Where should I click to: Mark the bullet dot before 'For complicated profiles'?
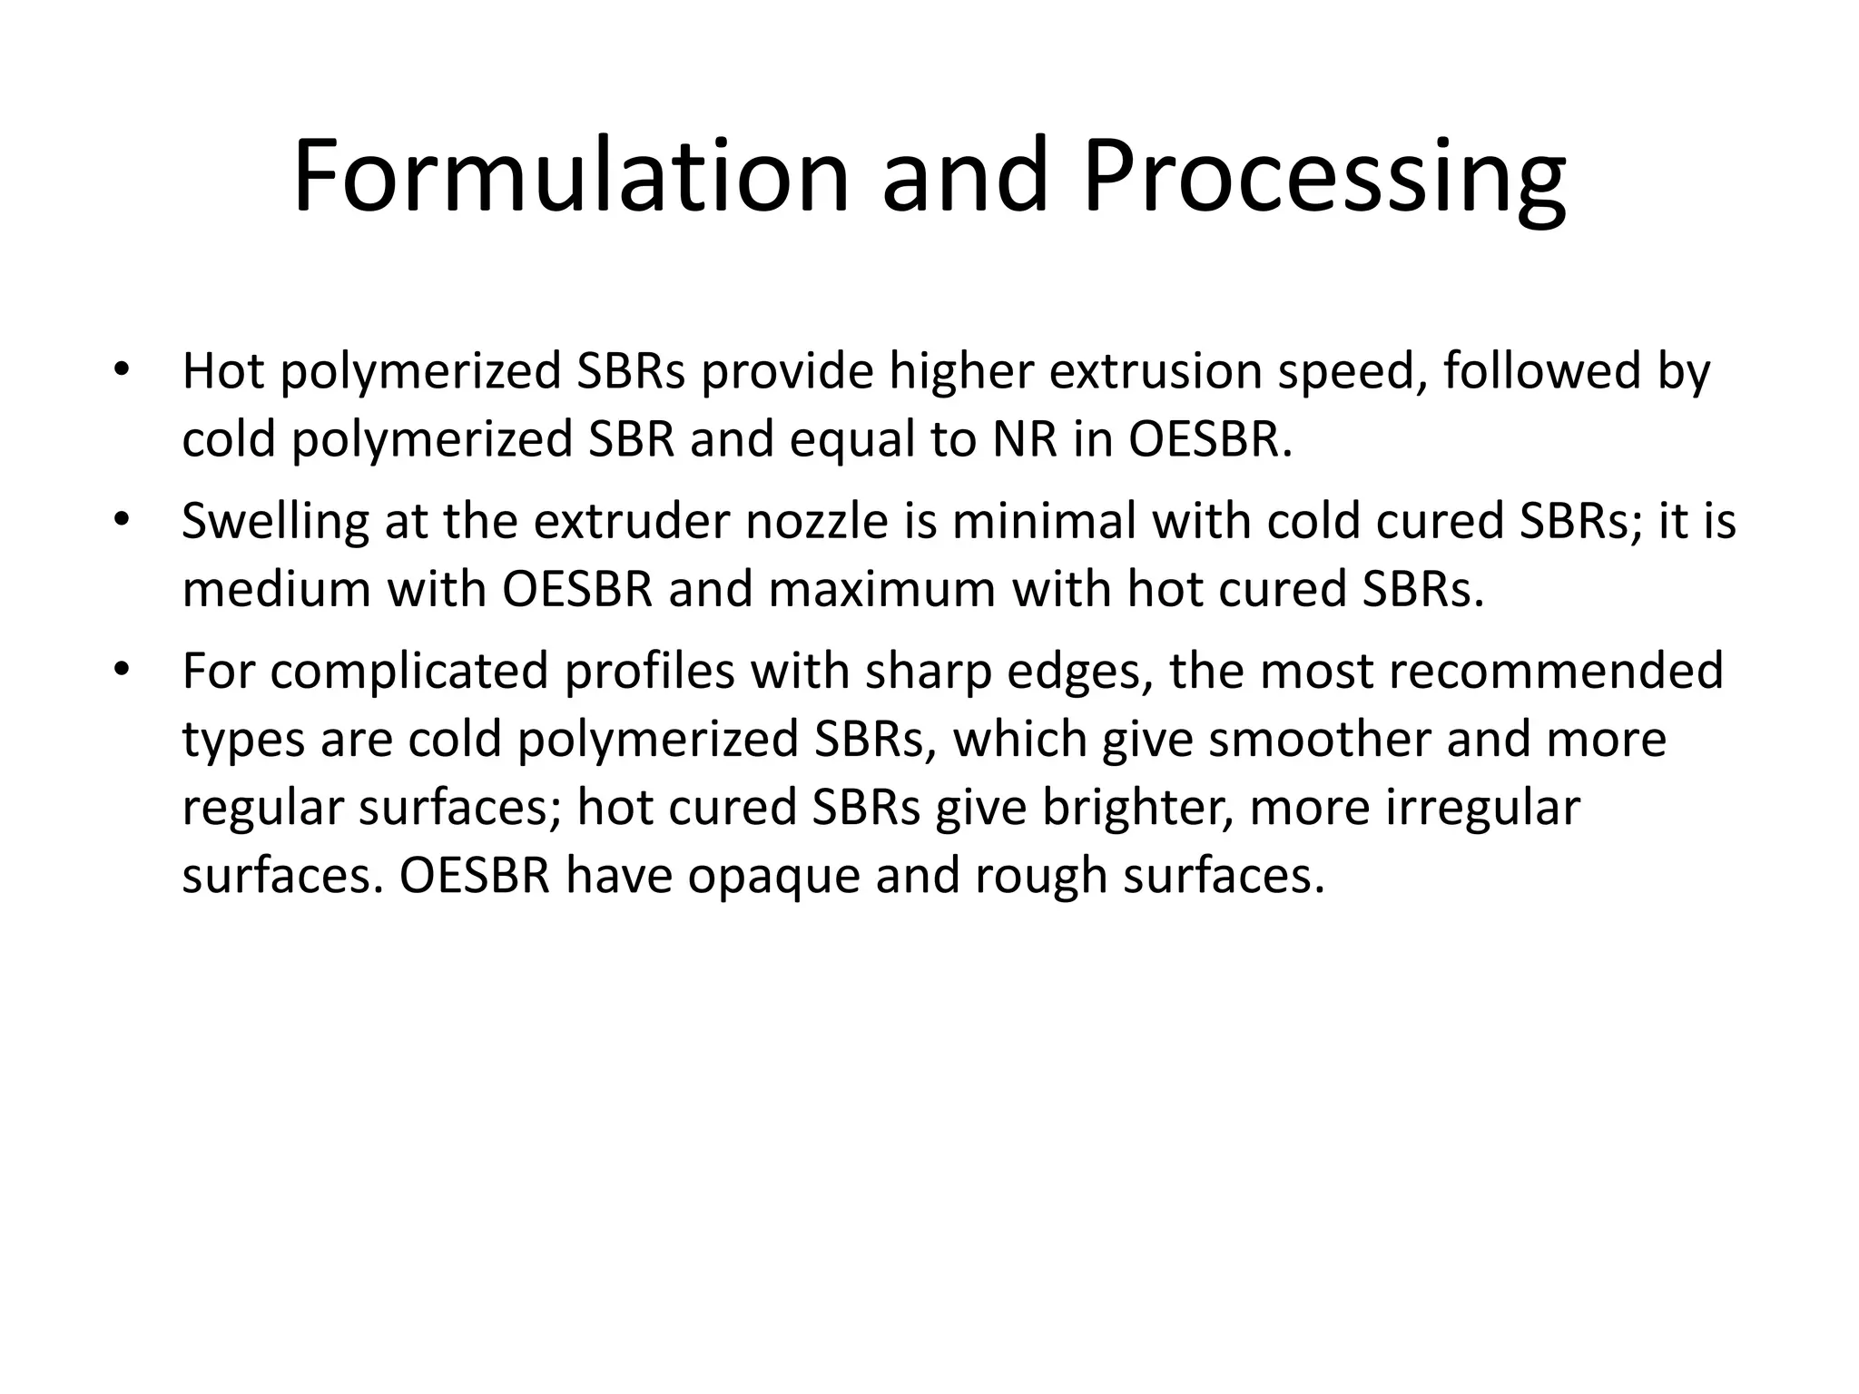click(x=122, y=669)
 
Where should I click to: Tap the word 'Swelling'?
click(x=274, y=523)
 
